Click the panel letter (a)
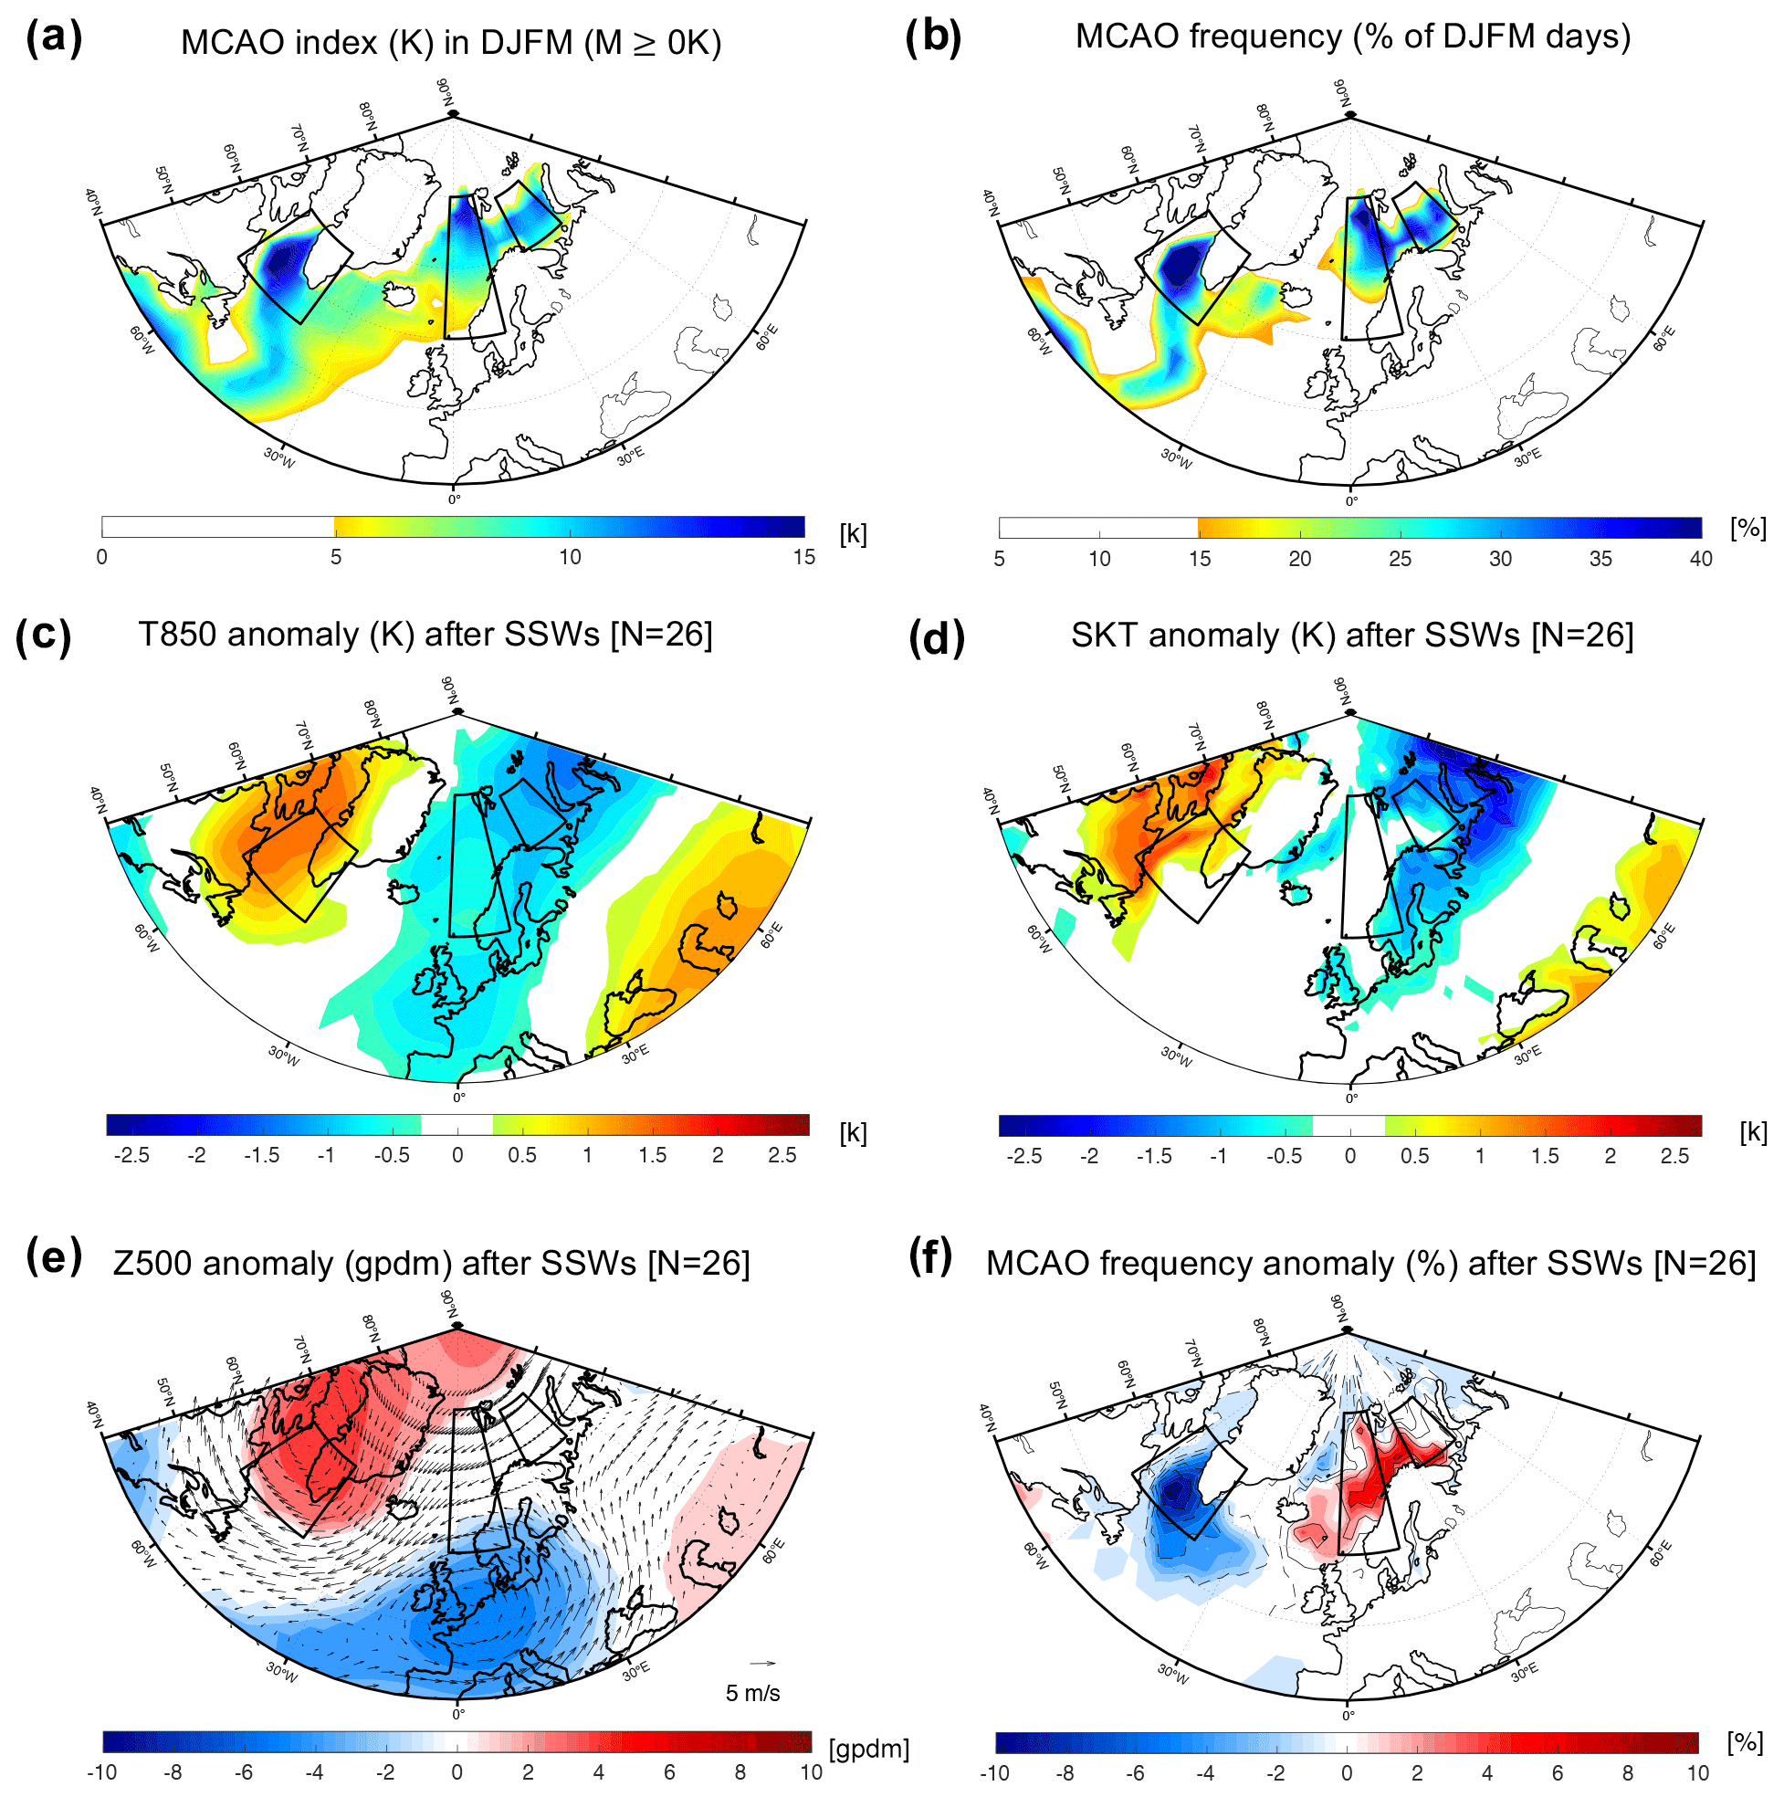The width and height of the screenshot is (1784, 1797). pyautogui.click(x=54, y=39)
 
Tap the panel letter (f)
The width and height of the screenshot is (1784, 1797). pyautogui.click(x=931, y=1257)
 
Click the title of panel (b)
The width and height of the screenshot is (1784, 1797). pyautogui.click(x=1352, y=37)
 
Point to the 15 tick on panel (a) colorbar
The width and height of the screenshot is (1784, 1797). pyautogui.click(x=803, y=557)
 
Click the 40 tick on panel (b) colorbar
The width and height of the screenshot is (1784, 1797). pyautogui.click(x=1700, y=558)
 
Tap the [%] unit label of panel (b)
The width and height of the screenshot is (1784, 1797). pyautogui.click(x=1747, y=529)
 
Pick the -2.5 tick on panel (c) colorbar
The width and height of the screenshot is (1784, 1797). pyautogui.click(x=131, y=1155)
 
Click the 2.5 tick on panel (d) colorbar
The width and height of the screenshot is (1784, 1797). pyautogui.click(x=1674, y=1156)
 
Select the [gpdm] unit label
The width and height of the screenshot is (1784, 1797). pyautogui.click(x=868, y=1749)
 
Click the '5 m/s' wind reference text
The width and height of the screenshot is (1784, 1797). pyautogui.click(x=752, y=1693)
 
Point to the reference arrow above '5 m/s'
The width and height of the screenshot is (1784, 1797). pyautogui.click(x=762, y=1663)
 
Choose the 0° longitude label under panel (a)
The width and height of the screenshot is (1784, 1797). pyautogui.click(x=454, y=499)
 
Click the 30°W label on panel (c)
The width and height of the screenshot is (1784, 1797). pyautogui.click(x=284, y=1056)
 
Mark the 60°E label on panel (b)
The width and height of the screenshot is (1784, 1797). pyautogui.click(x=1664, y=338)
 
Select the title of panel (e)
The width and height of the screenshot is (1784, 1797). pyautogui.click(x=431, y=1263)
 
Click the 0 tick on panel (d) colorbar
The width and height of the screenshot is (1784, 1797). pyautogui.click(x=1349, y=1156)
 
